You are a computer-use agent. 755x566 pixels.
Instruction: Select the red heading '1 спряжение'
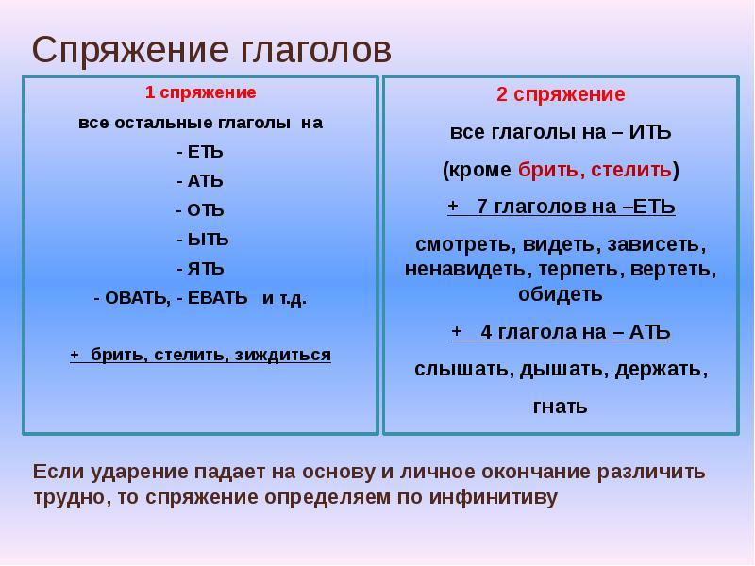[200, 92]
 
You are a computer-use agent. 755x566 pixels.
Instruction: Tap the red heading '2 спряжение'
[561, 94]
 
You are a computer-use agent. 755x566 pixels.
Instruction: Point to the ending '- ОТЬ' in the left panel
[200, 209]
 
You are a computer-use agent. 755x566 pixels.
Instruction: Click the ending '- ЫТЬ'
[202, 239]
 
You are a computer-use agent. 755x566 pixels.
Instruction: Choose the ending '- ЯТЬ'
[200, 268]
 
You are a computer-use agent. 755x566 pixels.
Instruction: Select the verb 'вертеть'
[677, 269]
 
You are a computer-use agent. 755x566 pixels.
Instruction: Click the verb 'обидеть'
[560, 293]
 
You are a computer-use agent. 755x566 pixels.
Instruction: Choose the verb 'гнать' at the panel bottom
[561, 407]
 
